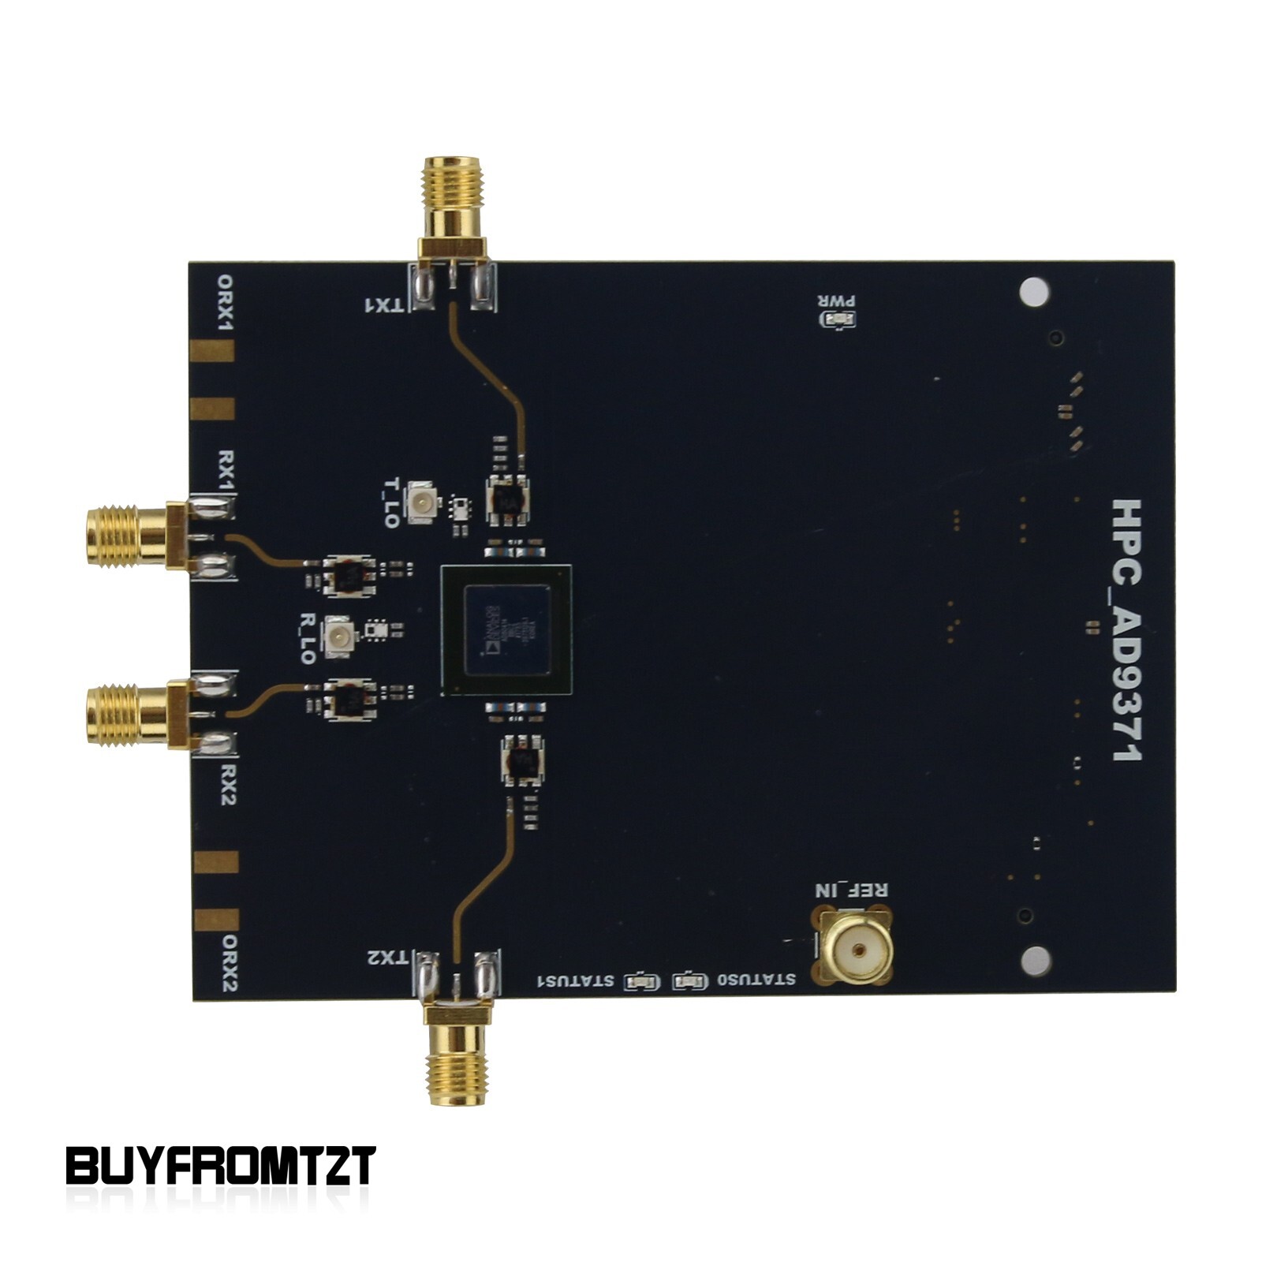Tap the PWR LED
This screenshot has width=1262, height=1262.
pos(838,319)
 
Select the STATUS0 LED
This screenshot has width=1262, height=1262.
pos(689,981)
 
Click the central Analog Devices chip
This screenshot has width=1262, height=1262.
pos(506,630)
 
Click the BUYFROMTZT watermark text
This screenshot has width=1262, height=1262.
pos(220,1166)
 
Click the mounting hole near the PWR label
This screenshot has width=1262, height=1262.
pos(1034,292)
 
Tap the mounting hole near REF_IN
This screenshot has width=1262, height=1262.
pos(1035,960)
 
